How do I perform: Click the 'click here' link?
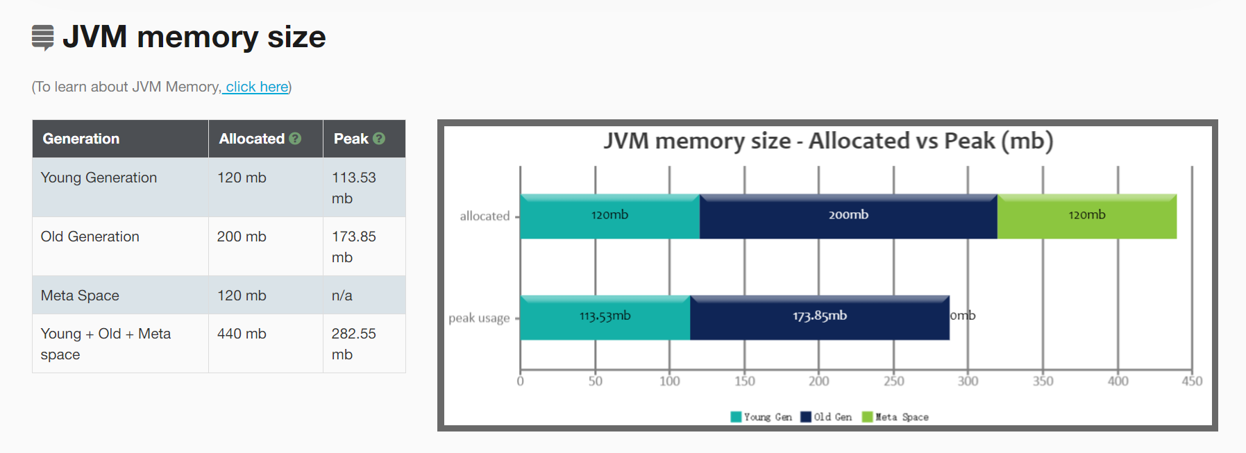[257, 87]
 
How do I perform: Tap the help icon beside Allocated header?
[295, 139]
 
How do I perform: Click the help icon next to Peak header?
[379, 139]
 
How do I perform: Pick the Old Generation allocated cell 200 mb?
[242, 237]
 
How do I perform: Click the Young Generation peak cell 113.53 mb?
[354, 188]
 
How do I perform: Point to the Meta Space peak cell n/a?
[342, 296]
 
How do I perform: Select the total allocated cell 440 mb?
[242, 334]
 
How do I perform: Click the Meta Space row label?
[80, 296]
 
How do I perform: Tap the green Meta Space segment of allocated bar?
[1087, 216]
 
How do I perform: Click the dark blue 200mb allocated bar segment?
[848, 216]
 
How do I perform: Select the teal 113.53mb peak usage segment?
[605, 318]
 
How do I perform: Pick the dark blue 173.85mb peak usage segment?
[820, 318]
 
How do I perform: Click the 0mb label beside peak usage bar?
[963, 316]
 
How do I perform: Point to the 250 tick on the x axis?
[894, 381]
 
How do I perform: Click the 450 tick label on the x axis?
[1193, 381]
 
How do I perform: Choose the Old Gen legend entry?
[826, 417]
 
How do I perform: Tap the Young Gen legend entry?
[761, 417]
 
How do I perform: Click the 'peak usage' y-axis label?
[479, 318]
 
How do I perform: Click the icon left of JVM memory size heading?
[43, 37]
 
